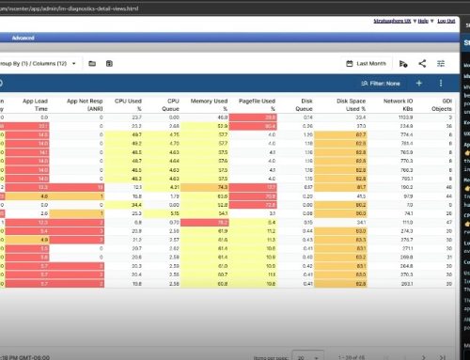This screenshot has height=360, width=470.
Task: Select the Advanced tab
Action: click(x=23, y=38)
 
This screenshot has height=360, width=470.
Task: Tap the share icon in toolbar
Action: click(x=422, y=63)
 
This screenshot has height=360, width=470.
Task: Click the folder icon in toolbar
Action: click(x=91, y=63)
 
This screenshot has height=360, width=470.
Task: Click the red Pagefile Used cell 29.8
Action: click(x=269, y=116)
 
